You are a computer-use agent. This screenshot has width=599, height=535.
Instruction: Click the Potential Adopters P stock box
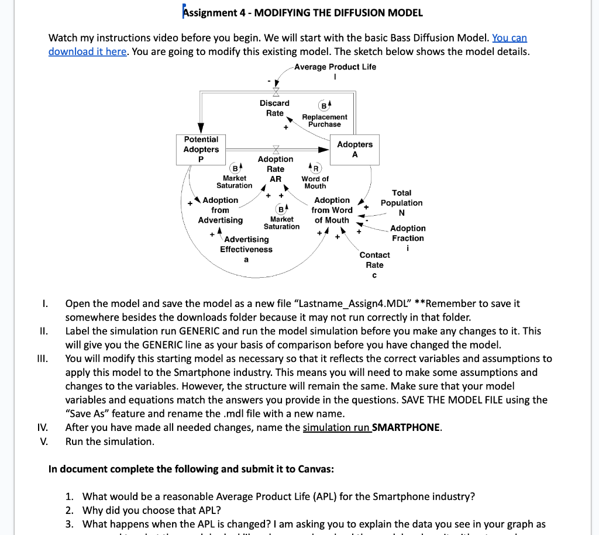[x=201, y=150]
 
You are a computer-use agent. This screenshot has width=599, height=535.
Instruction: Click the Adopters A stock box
[x=354, y=149]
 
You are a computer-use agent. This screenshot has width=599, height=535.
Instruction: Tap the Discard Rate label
[x=274, y=108]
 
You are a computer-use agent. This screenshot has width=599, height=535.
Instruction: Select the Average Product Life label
[x=335, y=67]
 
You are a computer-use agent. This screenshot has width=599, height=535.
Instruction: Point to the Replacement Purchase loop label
[x=325, y=120]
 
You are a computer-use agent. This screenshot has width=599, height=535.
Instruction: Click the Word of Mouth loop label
[x=315, y=182]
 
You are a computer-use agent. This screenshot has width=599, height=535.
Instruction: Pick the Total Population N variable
[x=401, y=202]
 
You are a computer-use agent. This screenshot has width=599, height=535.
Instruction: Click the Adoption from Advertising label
[x=220, y=210]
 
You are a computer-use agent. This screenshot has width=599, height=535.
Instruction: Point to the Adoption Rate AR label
[x=275, y=169]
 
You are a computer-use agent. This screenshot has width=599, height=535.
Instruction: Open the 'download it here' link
[x=87, y=51]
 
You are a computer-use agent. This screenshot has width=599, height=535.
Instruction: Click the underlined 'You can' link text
[x=510, y=38]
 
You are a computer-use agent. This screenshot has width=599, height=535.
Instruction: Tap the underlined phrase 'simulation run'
[x=336, y=427]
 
